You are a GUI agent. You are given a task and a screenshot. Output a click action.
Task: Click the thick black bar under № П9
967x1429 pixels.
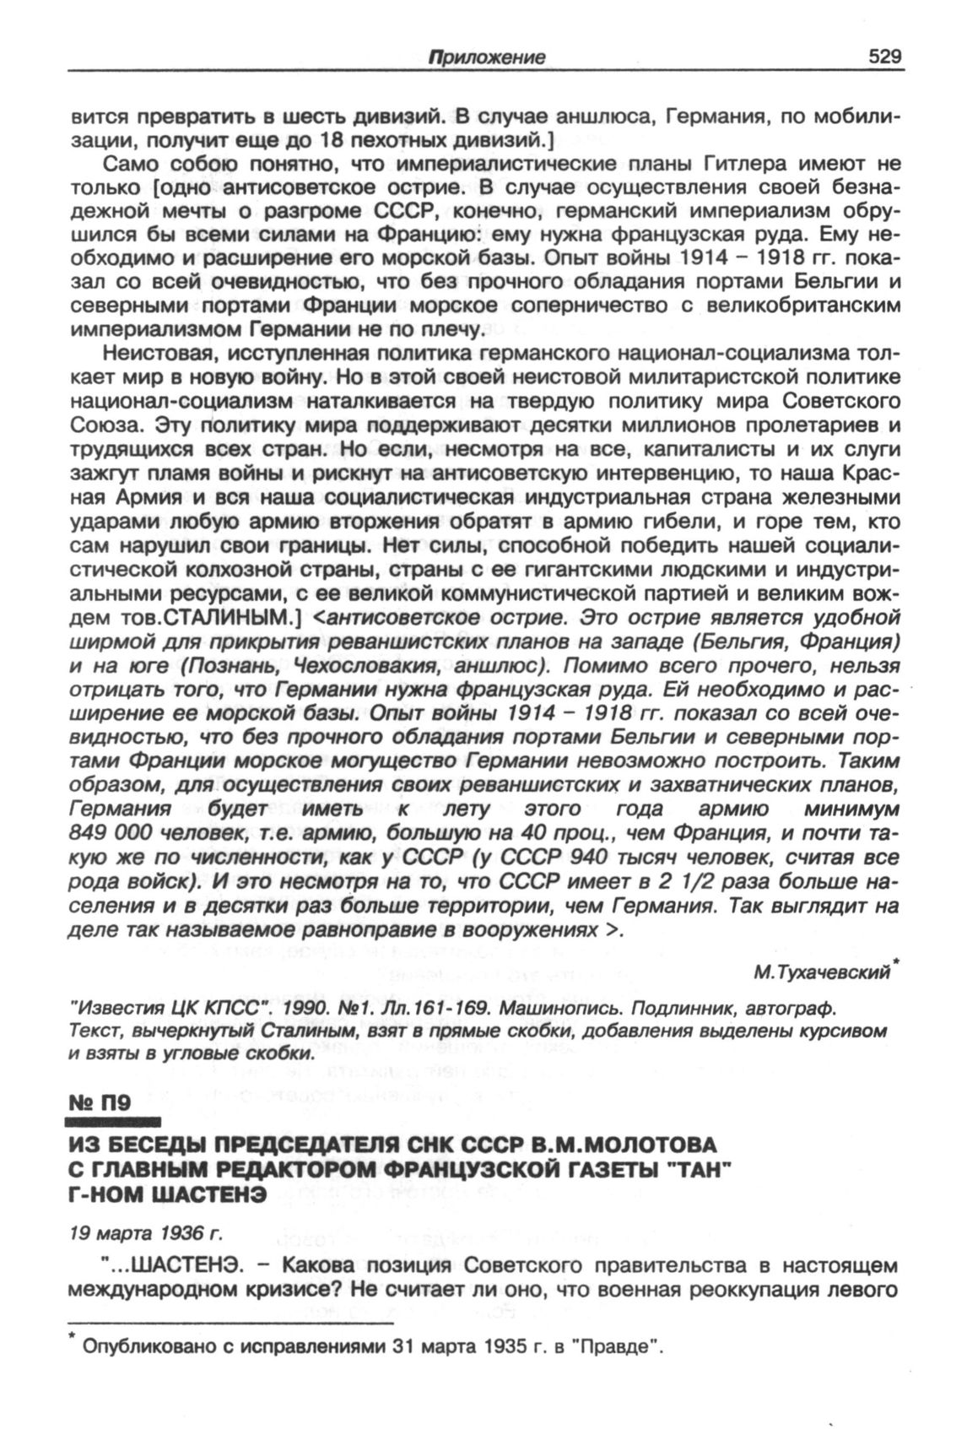pyautogui.click(x=113, y=1123)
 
